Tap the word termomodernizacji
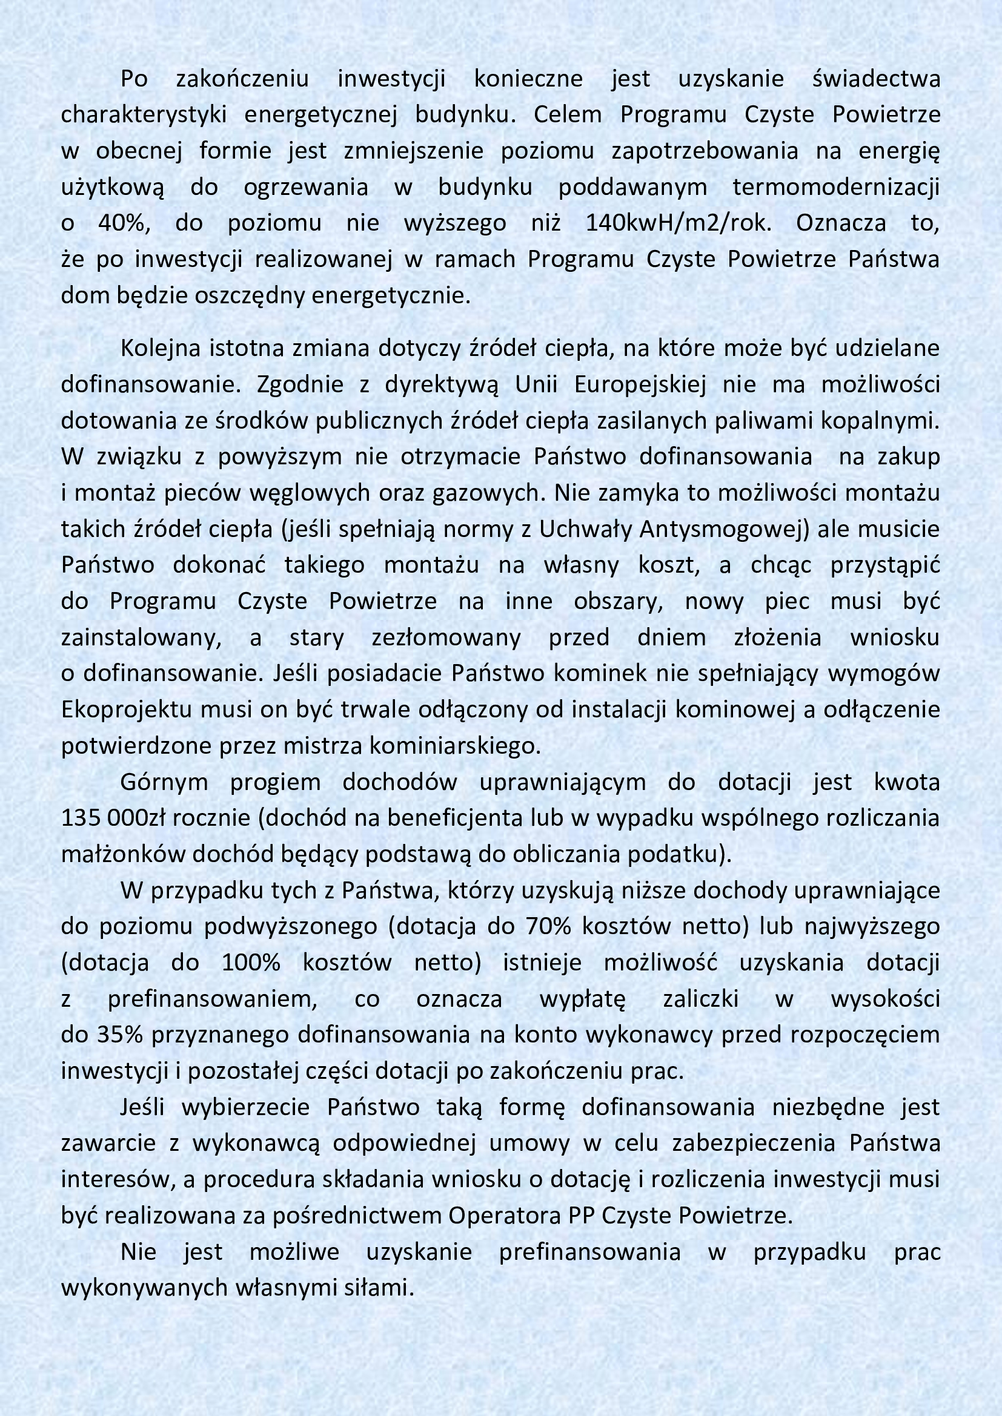click(836, 187)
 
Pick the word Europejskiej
click(640, 385)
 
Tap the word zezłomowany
click(446, 637)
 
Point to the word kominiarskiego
click(454, 746)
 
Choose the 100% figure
click(251, 963)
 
